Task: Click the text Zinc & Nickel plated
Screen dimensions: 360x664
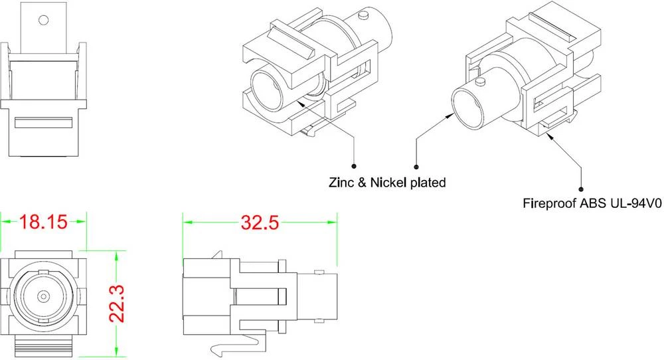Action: pyautogui.click(x=386, y=181)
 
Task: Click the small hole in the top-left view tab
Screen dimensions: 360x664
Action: pyautogui.click(x=43, y=21)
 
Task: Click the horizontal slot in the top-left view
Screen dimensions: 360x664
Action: pyautogui.click(x=43, y=123)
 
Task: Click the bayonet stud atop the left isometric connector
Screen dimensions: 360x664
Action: pyautogui.click(x=363, y=15)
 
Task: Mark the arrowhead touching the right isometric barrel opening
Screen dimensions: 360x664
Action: pyautogui.click(x=450, y=114)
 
